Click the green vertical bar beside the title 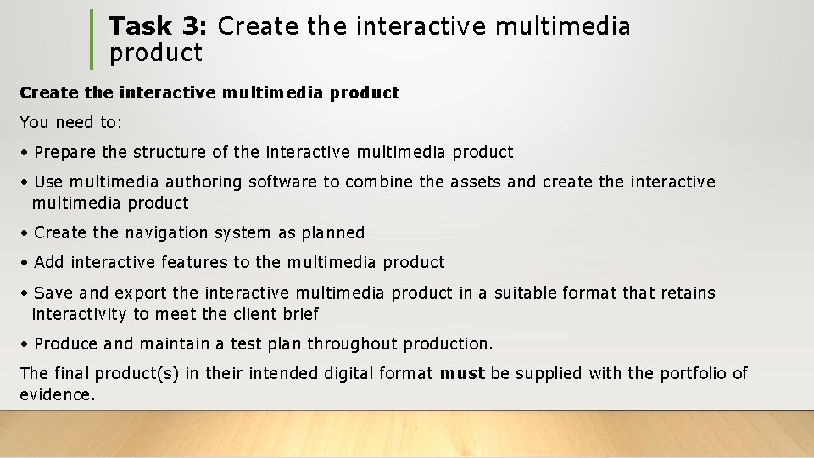tap(92, 39)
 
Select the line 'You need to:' tap(71, 123)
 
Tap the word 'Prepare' tap(64, 153)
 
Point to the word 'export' tap(141, 293)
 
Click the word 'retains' tap(685, 293)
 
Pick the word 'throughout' tap(352, 344)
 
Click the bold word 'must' tap(462, 374)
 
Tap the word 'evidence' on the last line tap(54, 395)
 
